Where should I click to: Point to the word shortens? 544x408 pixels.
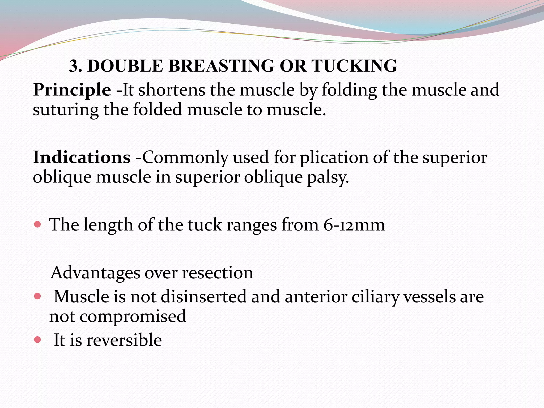coord(172,90)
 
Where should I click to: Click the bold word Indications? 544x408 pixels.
coord(82,157)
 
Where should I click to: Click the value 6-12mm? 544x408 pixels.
coord(354,225)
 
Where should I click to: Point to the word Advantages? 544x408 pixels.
coord(95,273)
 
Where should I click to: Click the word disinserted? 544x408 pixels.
coord(203,297)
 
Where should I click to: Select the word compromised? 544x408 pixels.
coord(133,316)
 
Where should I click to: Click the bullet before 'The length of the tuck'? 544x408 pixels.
coord(38,225)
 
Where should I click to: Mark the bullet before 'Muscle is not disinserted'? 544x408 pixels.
coord(38,296)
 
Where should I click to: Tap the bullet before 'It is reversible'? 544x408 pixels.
coord(38,339)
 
